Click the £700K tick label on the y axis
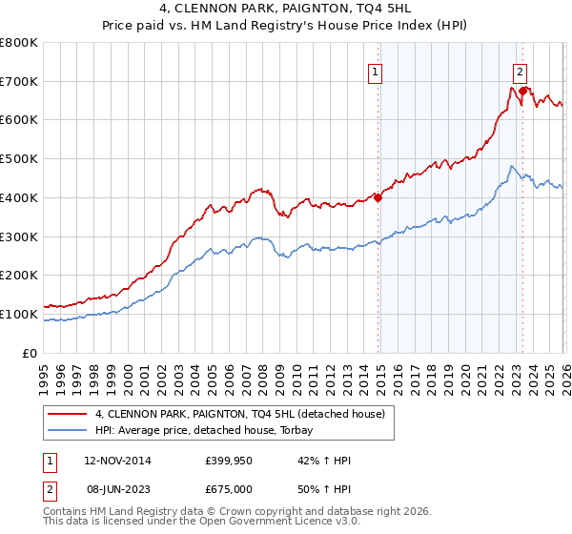19,81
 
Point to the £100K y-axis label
19,314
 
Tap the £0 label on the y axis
31,353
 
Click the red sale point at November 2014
378,198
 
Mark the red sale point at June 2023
522,92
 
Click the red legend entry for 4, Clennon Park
238,414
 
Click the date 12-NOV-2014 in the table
117,461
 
